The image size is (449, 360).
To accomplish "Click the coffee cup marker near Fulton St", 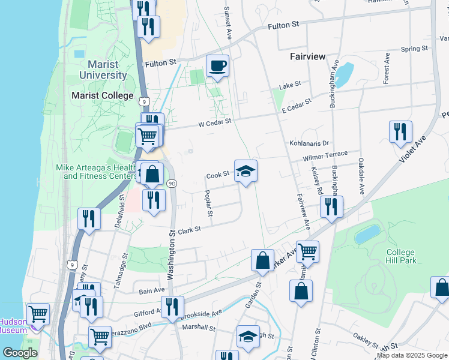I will [217, 65].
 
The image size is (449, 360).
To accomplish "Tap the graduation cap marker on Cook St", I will [245, 171].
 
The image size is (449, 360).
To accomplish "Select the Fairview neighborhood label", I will [307, 56].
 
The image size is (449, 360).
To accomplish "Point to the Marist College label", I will [103, 95].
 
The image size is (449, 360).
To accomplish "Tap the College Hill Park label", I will [400, 256].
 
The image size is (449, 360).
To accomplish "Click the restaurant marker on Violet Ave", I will [400, 132].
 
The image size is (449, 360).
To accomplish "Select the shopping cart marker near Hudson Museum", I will [38, 314].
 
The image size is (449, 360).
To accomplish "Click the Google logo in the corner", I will [19, 353].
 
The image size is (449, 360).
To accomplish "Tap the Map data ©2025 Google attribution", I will [412, 355].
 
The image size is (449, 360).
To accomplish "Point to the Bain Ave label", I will [152, 290].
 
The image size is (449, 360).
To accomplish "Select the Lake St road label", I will [290, 86].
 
